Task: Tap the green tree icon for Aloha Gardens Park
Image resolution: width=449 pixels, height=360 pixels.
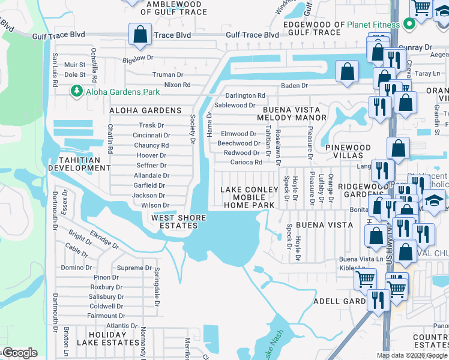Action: (76, 91)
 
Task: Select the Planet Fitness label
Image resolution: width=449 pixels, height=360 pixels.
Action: (376, 25)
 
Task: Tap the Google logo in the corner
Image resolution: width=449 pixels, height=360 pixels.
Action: (19, 353)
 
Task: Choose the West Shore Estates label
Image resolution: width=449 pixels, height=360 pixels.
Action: (175, 221)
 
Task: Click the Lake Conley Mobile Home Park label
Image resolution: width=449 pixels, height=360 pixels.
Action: (249, 197)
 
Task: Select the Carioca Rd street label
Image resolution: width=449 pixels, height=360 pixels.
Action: (246, 162)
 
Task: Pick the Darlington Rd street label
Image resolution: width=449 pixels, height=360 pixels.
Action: (245, 95)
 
